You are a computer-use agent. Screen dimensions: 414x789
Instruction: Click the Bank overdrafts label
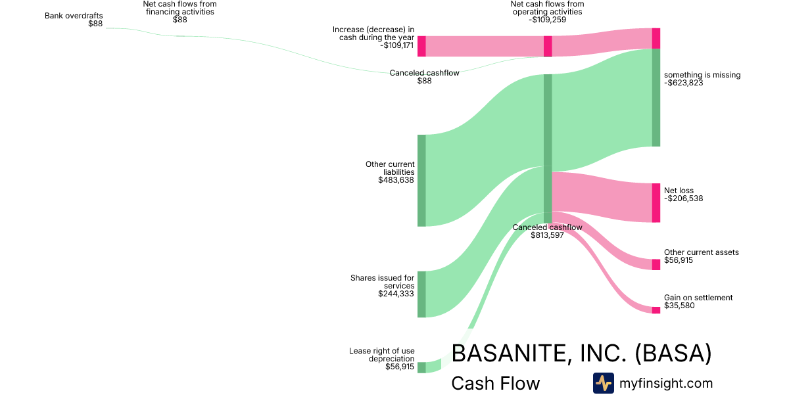coord(74,15)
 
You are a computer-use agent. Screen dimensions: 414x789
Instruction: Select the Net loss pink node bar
coord(656,202)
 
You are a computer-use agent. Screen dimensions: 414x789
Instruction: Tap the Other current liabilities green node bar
coord(421,180)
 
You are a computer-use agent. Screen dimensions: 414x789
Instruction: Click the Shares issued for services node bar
coord(421,294)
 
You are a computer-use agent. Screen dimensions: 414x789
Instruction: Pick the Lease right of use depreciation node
coord(421,367)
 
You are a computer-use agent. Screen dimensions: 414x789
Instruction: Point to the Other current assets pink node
coord(656,264)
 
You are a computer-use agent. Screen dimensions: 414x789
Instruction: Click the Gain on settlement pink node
coord(656,310)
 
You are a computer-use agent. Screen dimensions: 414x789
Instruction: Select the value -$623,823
coord(683,83)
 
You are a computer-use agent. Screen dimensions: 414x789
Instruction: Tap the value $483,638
coord(396,180)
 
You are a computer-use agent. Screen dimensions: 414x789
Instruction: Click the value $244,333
coord(396,294)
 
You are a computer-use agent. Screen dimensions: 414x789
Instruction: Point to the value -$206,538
coord(683,198)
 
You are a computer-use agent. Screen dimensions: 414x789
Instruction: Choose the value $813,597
coord(547,235)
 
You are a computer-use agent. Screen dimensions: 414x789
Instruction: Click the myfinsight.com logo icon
coord(603,383)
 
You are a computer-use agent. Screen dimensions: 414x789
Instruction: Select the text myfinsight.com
coord(666,383)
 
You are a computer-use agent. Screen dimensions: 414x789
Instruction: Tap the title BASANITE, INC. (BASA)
coord(581,354)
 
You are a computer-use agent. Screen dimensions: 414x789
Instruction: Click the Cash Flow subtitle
coord(495,383)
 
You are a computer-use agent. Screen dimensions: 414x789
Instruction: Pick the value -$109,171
coord(396,45)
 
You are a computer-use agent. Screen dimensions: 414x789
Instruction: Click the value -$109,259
coord(547,20)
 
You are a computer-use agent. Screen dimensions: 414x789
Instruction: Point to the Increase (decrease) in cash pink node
coord(421,46)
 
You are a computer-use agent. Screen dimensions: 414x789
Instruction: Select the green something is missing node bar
coord(656,97)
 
